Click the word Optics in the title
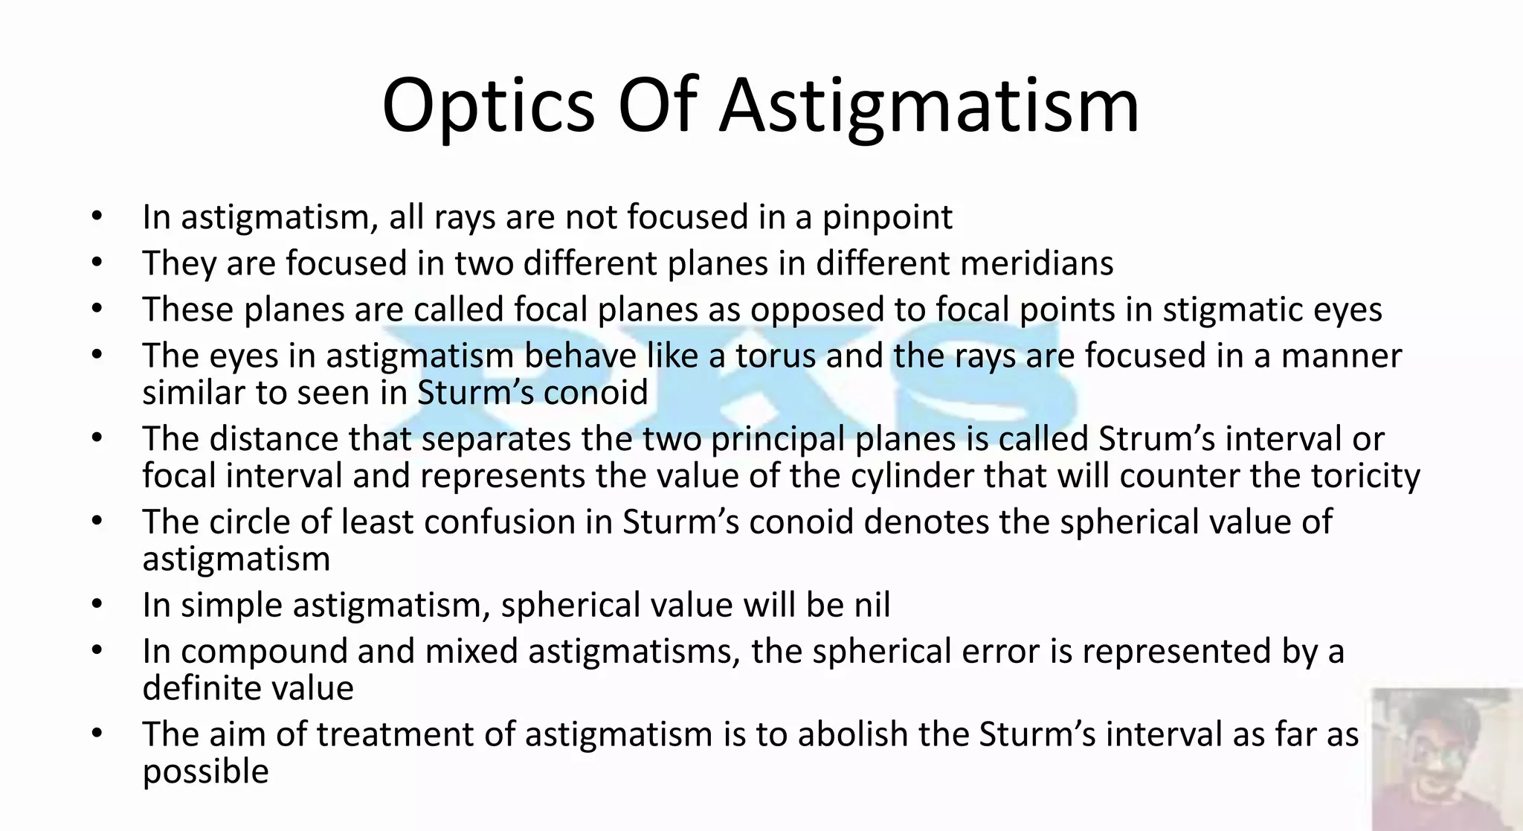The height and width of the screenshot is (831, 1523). point(488,106)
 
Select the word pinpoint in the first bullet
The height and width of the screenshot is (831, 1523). point(887,219)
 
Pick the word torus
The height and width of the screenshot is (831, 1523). point(776,356)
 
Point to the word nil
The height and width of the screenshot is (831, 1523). point(872,605)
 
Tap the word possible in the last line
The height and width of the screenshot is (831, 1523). point(205,772)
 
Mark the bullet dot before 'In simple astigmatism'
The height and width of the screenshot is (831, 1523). point(97,605)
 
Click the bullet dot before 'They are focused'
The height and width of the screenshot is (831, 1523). point(97,263)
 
